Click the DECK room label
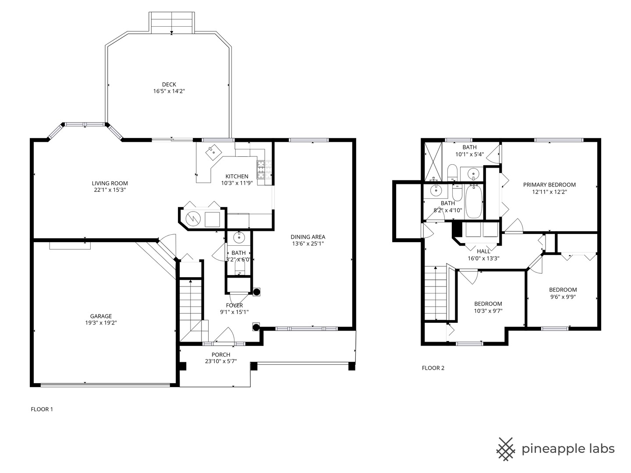click(x=169, y=85)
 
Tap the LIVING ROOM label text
click(x=110, y=184)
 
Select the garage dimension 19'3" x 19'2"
click(x=101, y=323)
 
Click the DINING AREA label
click(x=308, y=237)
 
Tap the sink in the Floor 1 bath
click(x=239, y=238)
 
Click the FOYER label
click(x=234, y=305)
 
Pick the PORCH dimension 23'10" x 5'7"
click(x=220, y=361)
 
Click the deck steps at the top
click(x=171, y=22)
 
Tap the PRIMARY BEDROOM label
click(x=549, y=185)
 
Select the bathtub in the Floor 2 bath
click(x=473, y=202)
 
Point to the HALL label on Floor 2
click(x=483, y=251)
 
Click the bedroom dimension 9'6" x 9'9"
click(x=563, y=297)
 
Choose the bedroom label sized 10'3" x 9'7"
click(x=488, y=304)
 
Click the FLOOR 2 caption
click(x=433, y=368)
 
